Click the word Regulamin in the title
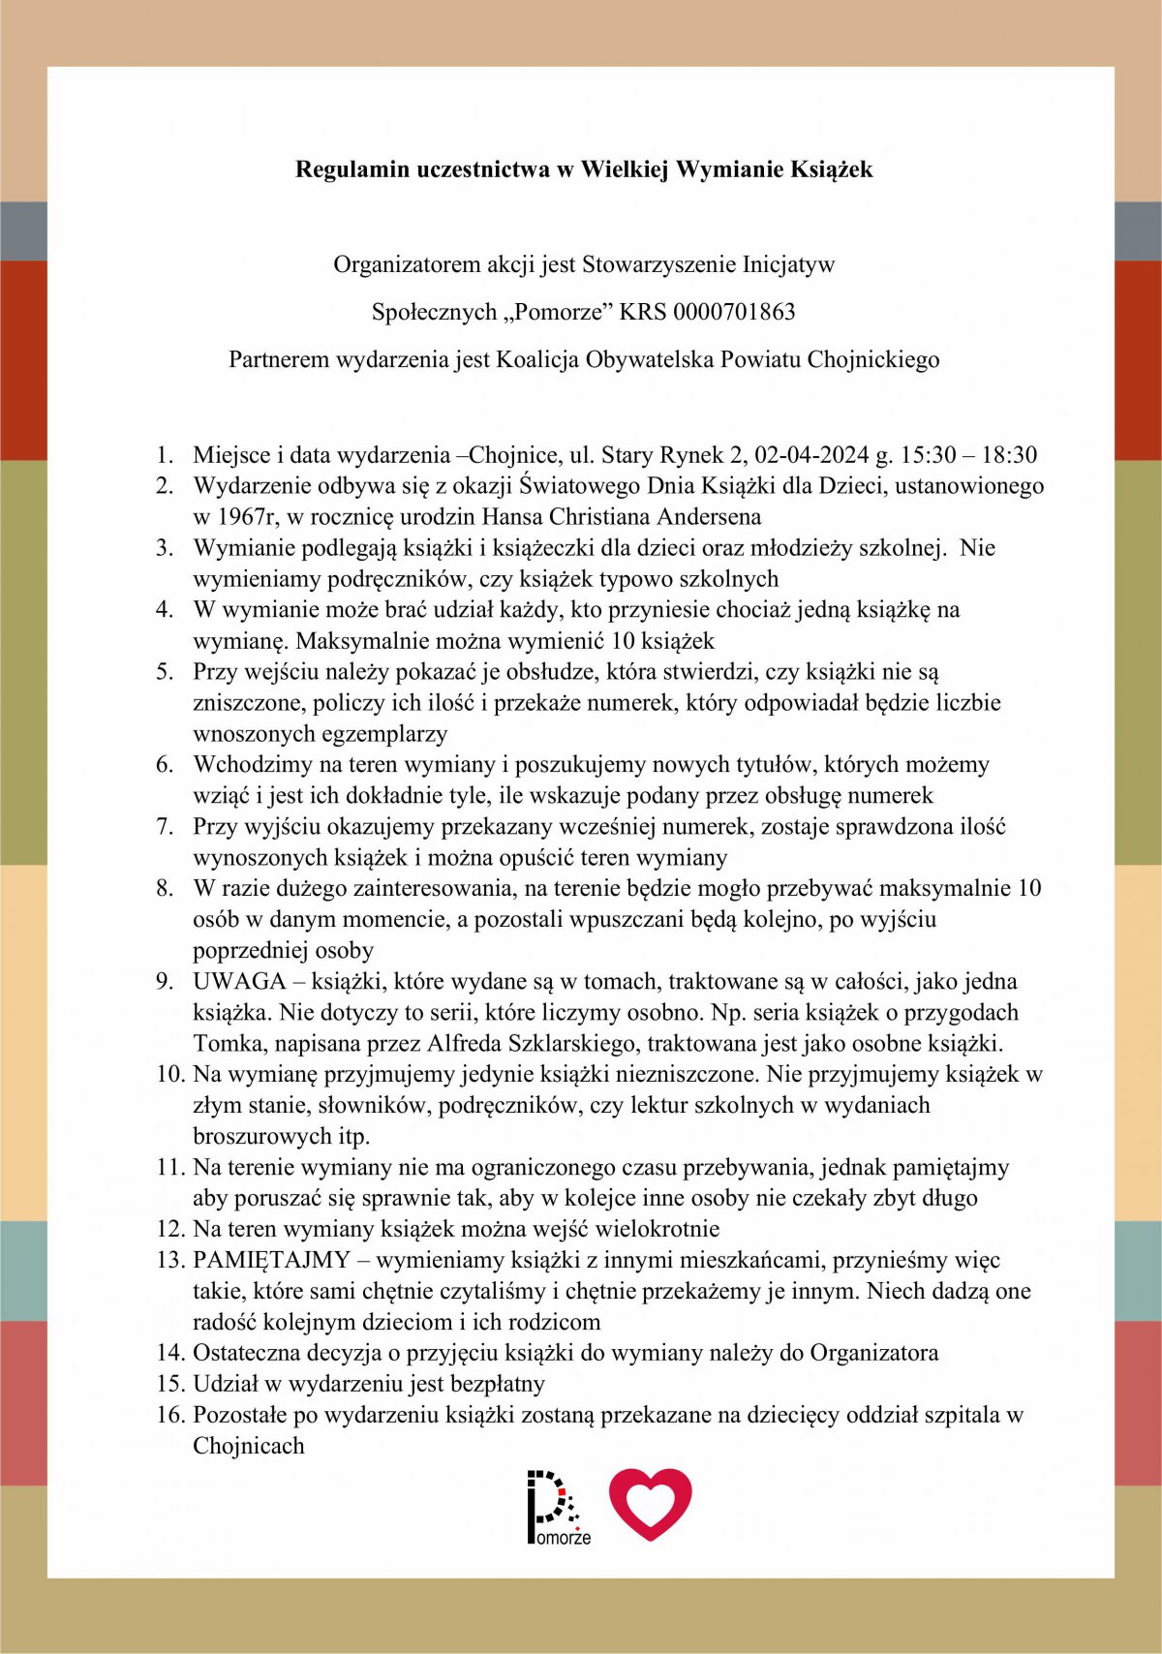352,169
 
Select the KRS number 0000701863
734,312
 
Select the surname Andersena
705,517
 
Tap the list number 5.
165,672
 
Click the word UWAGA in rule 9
239,982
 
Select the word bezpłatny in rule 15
496,1385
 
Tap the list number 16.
169,1416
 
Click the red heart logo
651,1503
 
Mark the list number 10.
169,1075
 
